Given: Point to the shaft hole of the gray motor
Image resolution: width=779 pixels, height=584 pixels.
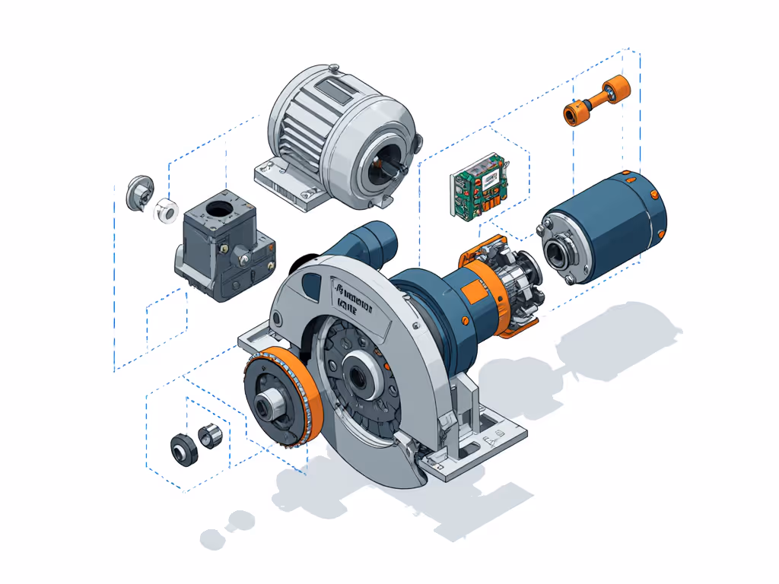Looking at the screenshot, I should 386,168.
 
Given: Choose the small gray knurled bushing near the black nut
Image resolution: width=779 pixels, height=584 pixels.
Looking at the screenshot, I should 209,436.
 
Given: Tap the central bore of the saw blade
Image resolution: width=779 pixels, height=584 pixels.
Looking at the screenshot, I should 358,373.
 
